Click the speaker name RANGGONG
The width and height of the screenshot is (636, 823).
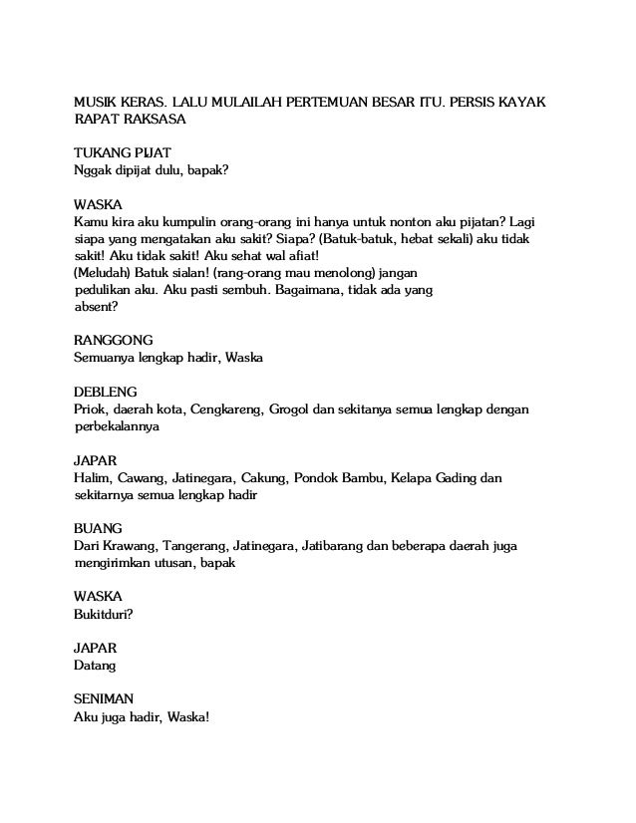coord(114,340)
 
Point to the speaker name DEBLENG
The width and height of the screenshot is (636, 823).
coord(107,392)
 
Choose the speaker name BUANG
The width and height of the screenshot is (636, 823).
coord(99,528)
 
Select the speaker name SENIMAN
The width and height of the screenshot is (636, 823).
coord(108,698)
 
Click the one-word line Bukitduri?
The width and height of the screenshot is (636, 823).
coord(105,614)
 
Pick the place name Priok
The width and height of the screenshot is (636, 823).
coord(93,410)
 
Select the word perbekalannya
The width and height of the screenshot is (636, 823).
coord(117,426)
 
